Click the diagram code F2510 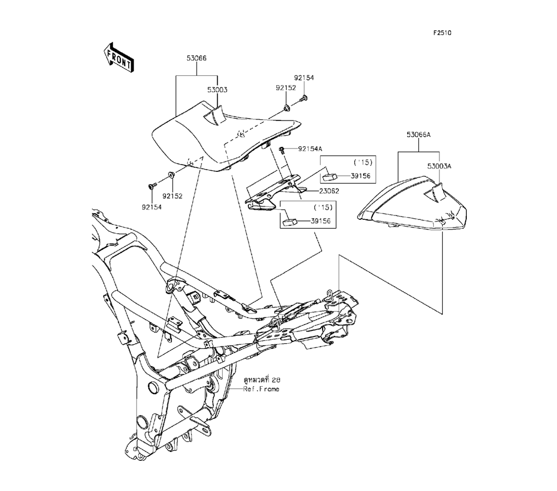tap(442, 33)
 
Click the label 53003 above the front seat tap(217, 89)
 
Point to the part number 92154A tap(310, 149)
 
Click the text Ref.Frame tap(261, 389)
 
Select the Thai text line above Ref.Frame tap(261, 379)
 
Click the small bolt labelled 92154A tap(284, 149)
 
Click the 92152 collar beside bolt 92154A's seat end tap(285, 107)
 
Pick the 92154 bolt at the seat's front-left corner tap(152, 186)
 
